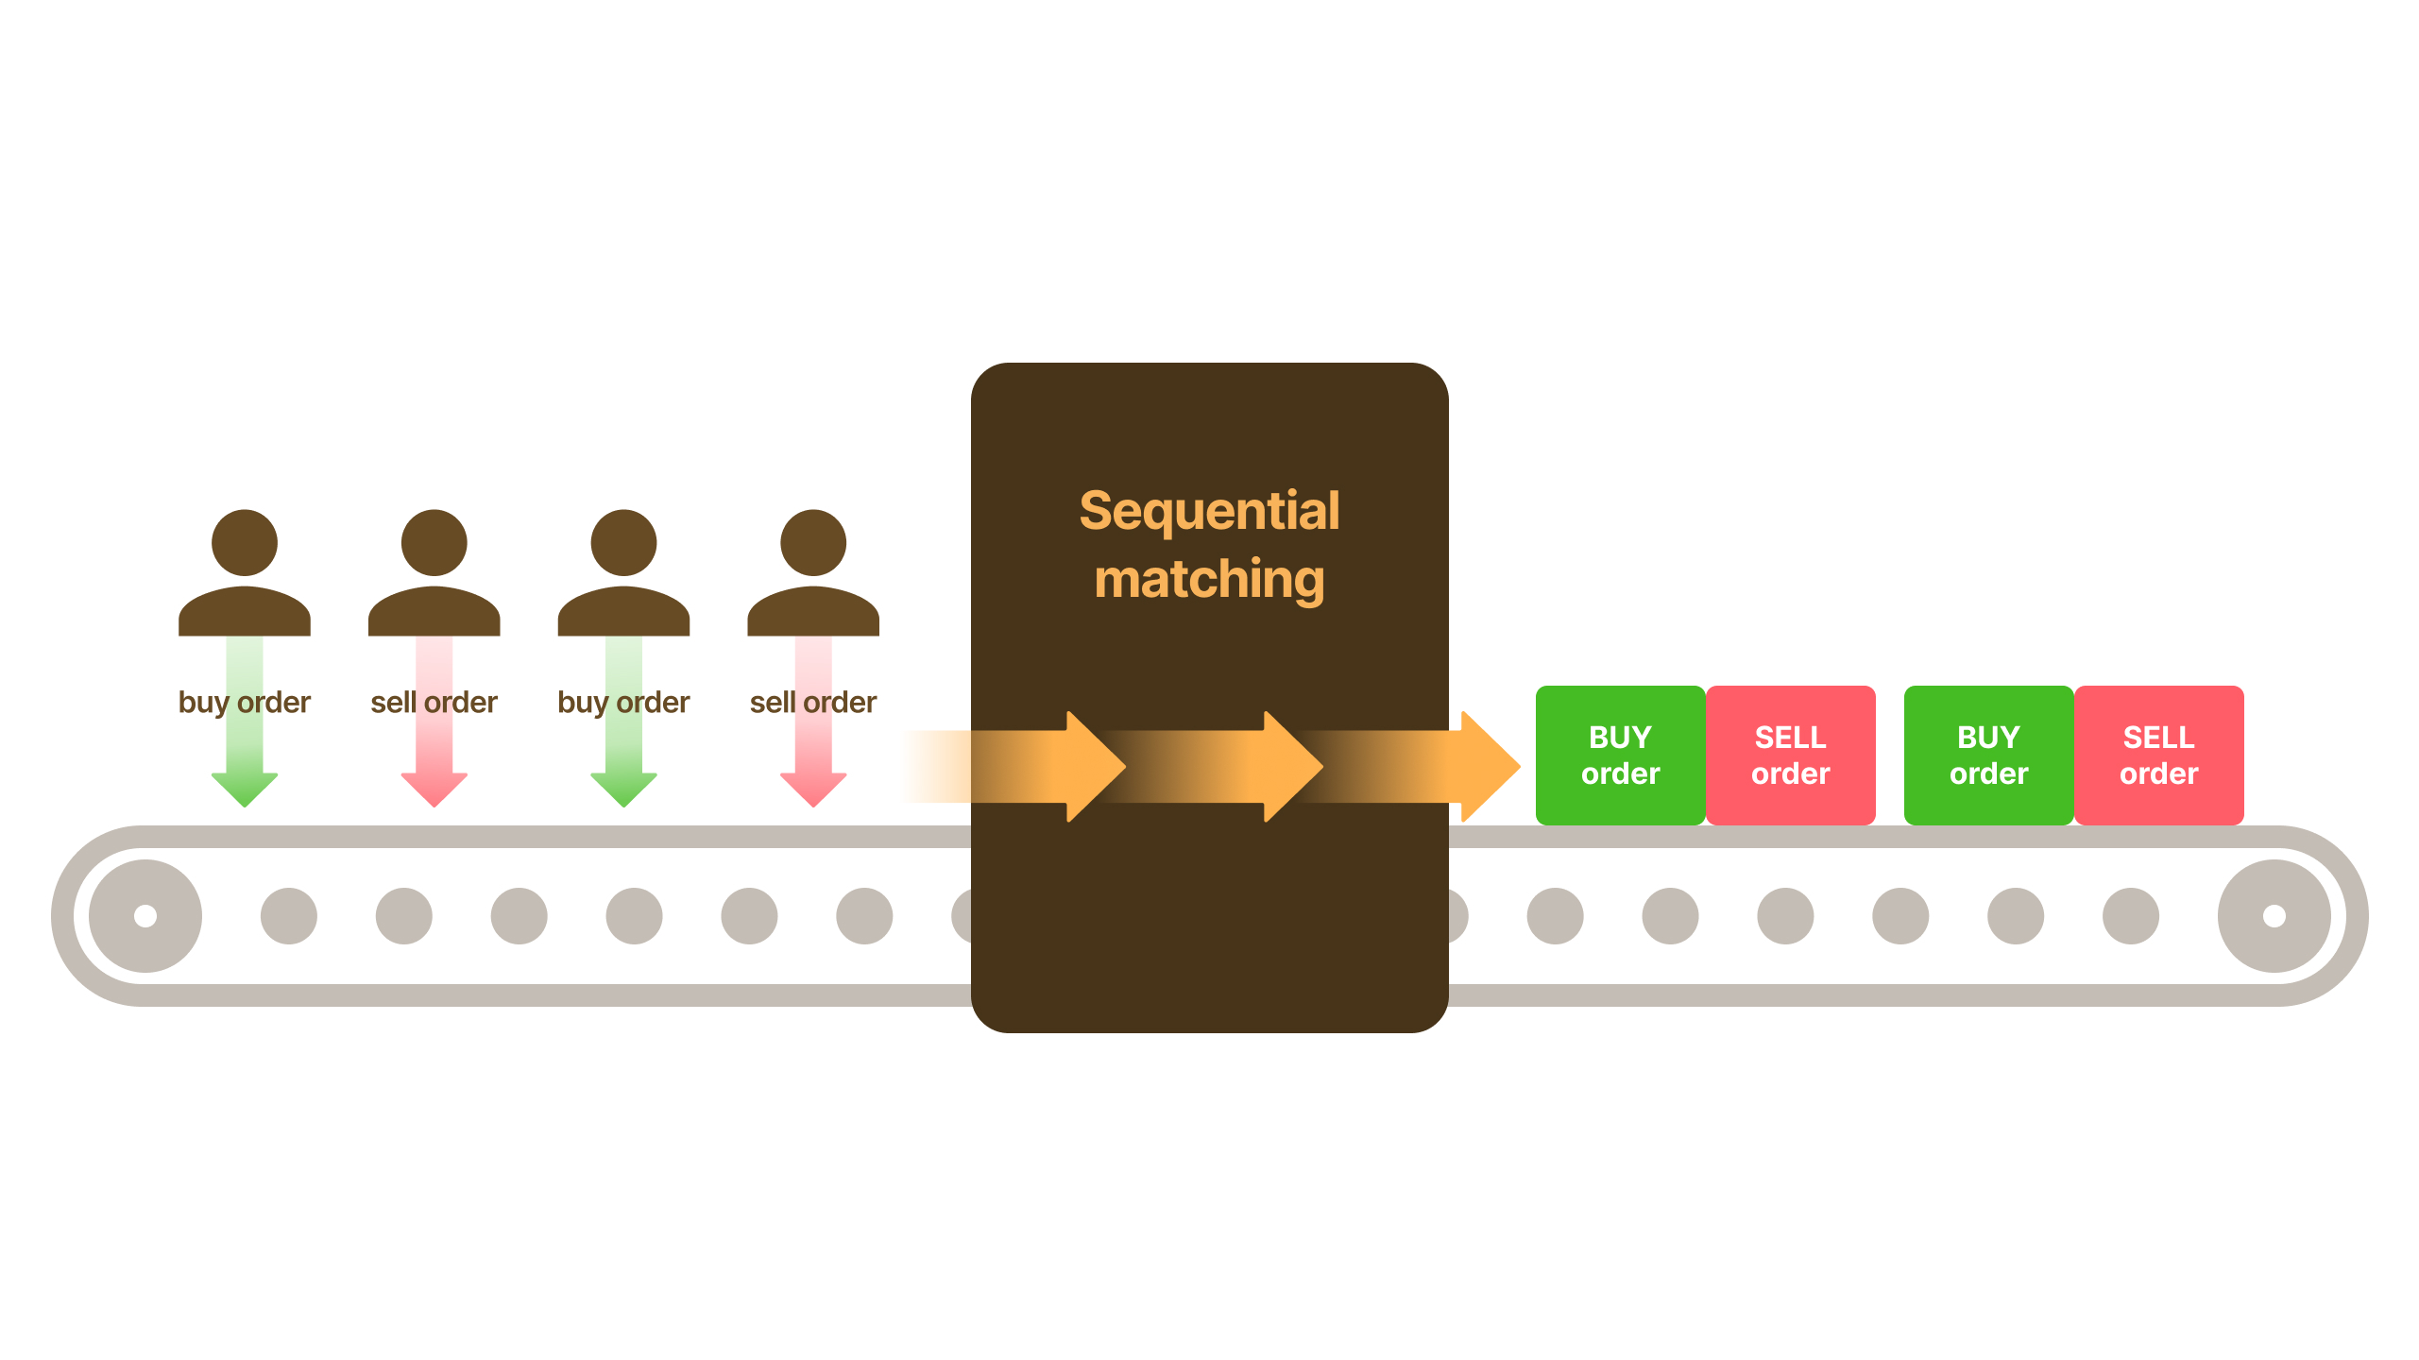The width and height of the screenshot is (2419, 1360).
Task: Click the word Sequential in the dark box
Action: (x=1209, y=512)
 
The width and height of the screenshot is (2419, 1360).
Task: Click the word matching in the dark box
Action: (x=1209, y=579)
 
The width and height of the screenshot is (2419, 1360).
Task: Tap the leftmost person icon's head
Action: (x=245, y=543)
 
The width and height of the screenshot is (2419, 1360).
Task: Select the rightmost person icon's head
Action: (x=813, y=543)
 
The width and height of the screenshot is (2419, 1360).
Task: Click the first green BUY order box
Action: (x=1620, y=755)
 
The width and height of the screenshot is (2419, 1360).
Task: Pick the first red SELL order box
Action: (x=1790, y=755)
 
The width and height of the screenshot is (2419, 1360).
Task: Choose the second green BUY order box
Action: (x=1988, y=755)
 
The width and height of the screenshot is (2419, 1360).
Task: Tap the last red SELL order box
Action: (x=2158, y=755)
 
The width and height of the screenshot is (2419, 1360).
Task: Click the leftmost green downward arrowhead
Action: (x=245, y=788)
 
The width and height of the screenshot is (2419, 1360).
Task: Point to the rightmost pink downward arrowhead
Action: (x=813, y=788)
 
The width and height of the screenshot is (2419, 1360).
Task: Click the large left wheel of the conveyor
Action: (x=145, y=915)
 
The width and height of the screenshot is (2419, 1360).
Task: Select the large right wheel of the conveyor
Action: (x=2274, y=915)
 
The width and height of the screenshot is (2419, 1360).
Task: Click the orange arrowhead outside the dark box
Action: (x=1488, y=766)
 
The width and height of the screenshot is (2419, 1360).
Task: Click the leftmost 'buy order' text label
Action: (x=245, y=703)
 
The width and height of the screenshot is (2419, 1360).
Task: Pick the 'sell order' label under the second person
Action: (x=434, y=703)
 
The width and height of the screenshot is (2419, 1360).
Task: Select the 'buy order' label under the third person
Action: (x=623, y=703)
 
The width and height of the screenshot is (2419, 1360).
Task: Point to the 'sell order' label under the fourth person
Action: (x=813, y=703)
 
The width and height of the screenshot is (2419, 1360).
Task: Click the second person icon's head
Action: (x=434, y=543)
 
